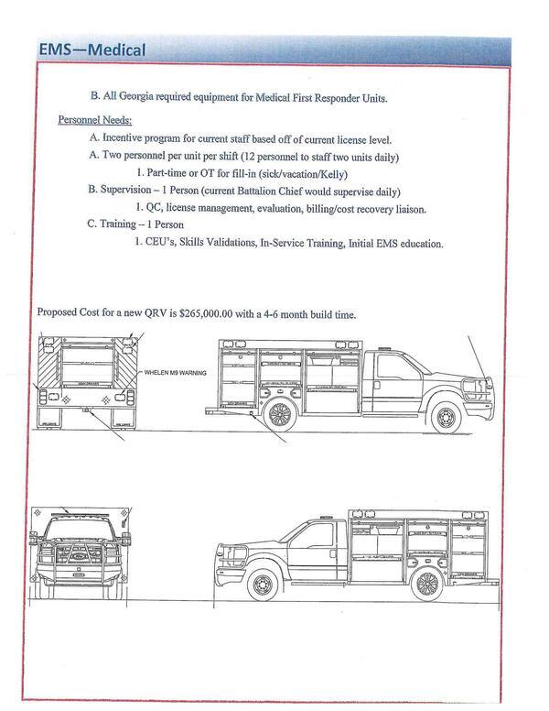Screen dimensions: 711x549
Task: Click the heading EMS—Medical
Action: point(92,49)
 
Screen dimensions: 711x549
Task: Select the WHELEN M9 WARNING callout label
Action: point(176,373)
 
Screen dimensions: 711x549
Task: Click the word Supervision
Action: point(131,191)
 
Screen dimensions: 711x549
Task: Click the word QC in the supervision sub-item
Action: point(155,208)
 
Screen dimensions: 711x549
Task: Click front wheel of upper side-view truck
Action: point(445,417)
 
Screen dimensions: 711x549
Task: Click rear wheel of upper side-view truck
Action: point(279,414)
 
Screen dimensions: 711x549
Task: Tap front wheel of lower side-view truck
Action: point(263,584)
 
